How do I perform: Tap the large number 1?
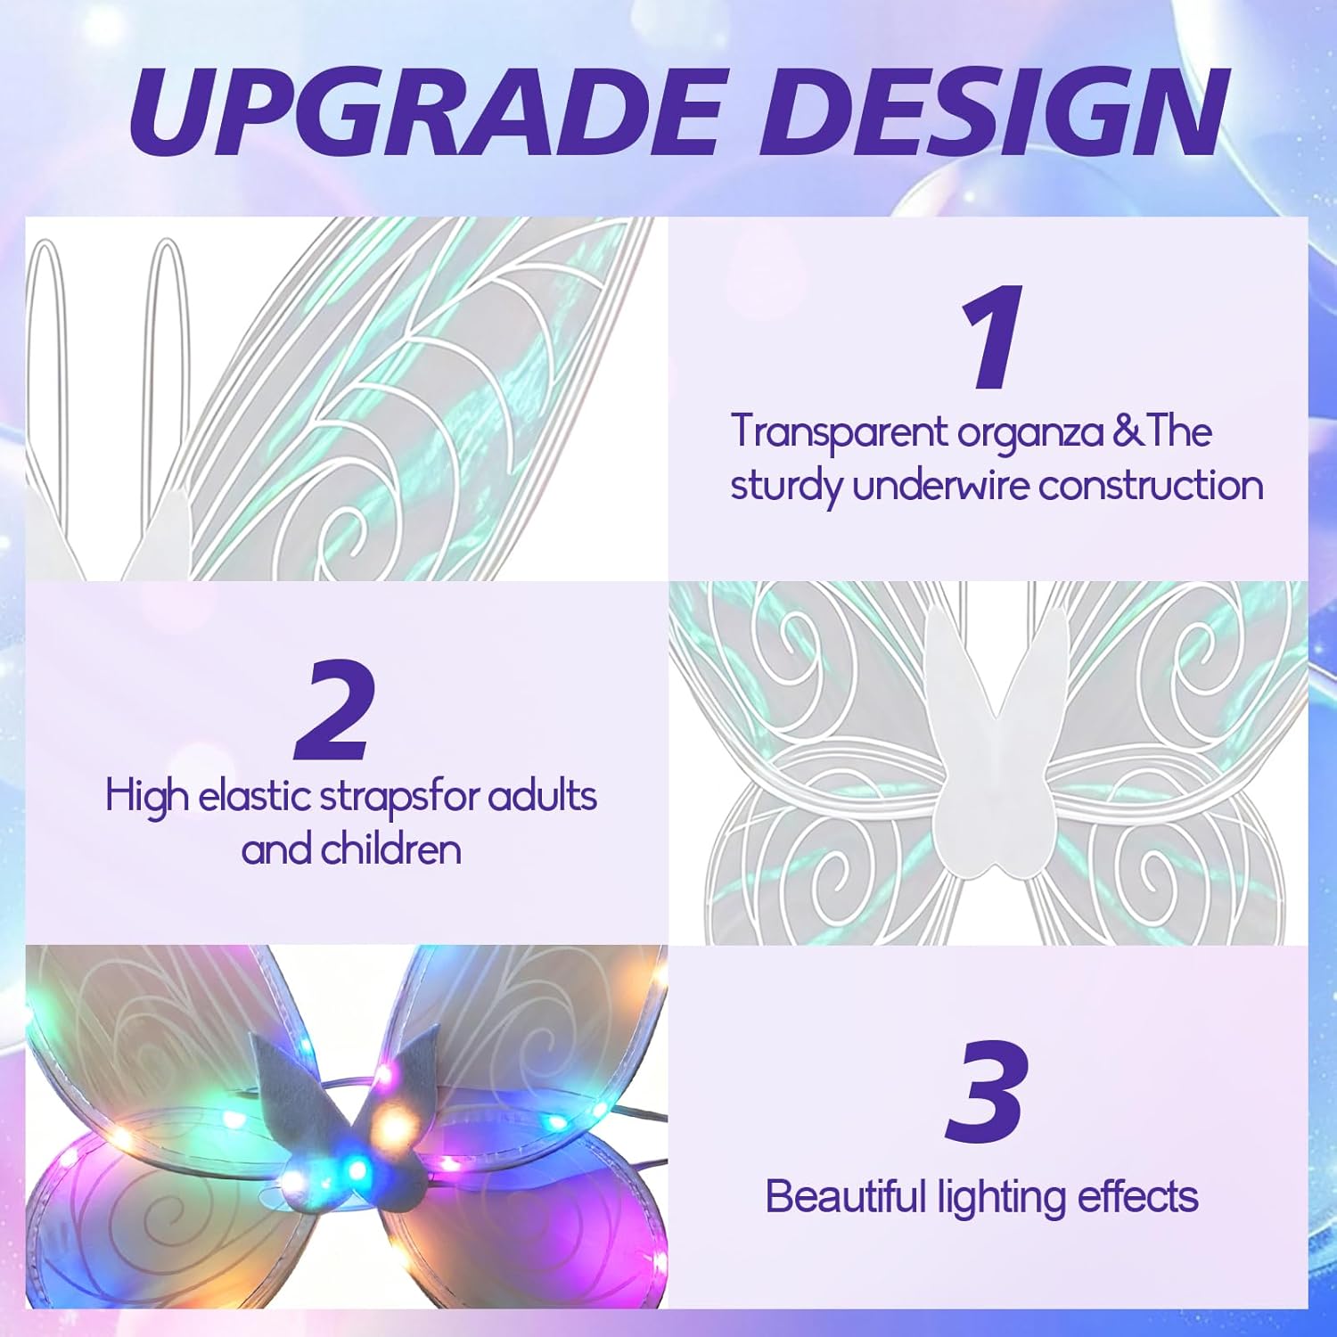point(992,336)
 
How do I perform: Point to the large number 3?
point(986,1091)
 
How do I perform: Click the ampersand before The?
point(1128,431)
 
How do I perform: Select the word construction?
point(1152,486)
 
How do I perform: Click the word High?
point(146,796)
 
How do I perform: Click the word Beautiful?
point(846,1197)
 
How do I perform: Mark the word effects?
point(1137,1196)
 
